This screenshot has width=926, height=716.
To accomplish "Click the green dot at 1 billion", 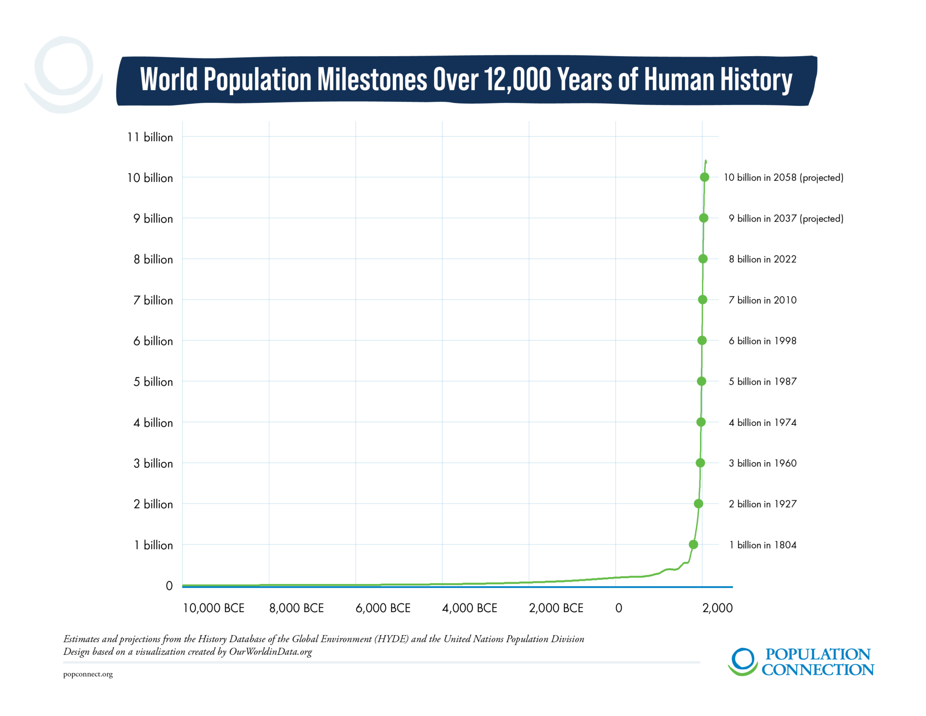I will (x=693, y=545).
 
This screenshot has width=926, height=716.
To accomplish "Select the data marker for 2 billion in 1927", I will (x=698, y=503).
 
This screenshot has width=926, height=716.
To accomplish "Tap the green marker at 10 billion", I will (x=704, y=177).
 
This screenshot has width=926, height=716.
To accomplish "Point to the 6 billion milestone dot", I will (x=702, y=341).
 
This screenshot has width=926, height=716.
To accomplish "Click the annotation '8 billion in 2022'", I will (x=762, y=259).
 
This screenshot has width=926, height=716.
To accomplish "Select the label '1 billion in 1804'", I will (x=762, y=545).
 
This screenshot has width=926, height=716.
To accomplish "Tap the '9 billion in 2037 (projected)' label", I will (x=786, y=218).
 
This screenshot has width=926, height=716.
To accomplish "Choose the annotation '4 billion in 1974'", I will (x=762, y=422).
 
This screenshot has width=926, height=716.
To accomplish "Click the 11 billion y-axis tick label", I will (x=150, y=137).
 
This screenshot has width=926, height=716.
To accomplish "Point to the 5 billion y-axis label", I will (x=153, y=382).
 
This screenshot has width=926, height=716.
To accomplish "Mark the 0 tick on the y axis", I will (x=169, y=586).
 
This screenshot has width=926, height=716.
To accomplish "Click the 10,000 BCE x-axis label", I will (x=213, y=608).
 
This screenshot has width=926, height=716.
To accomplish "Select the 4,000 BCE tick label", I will (x=469, y=608).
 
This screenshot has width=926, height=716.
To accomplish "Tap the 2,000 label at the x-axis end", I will (x=717, y=608).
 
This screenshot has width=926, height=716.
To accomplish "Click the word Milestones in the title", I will (x=372, y=80).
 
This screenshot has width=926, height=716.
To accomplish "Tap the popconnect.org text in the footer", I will (x=88, y=674).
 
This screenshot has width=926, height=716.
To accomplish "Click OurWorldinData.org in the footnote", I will (x=270, y=652).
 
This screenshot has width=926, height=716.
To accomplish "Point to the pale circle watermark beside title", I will (x=63, y=75).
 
